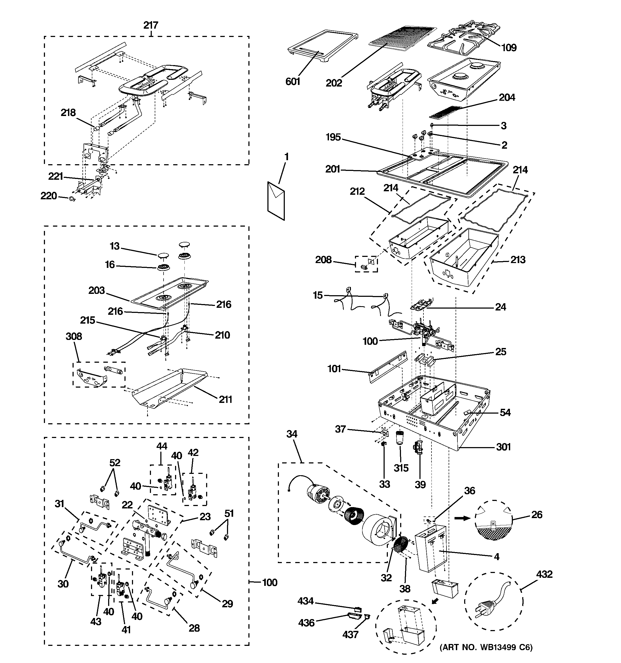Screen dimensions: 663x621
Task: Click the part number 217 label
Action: (151, 25)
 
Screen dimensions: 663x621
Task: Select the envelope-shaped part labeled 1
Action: (276, 200)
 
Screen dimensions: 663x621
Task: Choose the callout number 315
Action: (401, 468)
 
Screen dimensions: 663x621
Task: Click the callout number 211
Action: (225, 399)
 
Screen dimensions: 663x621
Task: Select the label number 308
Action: (74, 336)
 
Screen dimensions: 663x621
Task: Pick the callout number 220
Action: (49, 196)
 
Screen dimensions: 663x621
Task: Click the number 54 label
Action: (505, 413)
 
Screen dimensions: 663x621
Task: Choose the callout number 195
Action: (333, 137)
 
